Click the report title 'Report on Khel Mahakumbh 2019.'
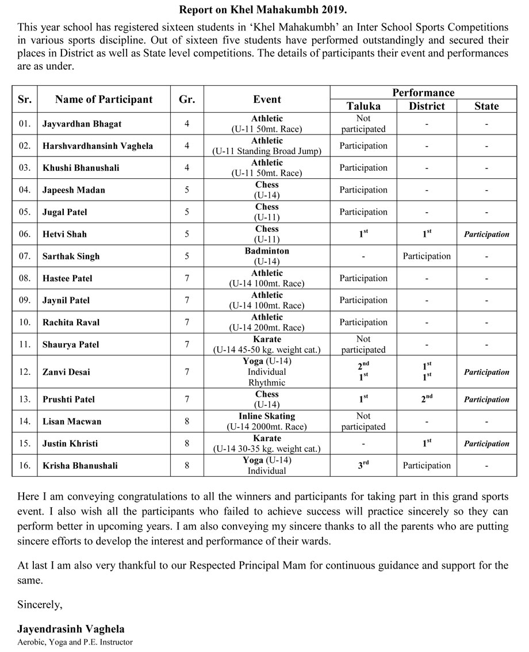click(263, 10)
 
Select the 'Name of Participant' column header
click(104, 99)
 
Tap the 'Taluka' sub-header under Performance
click(363, 106)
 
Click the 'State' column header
click(486, 106)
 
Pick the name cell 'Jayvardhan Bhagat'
click(82, 124)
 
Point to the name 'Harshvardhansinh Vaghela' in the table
click(98, 146)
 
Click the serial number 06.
click(24, 234)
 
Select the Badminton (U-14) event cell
click(267, 256)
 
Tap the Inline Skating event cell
click(267, 421)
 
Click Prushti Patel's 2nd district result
click(427, 398)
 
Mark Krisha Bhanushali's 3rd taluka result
click(363, 465)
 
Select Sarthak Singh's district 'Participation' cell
click(427, 256)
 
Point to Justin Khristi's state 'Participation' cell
click(486, 443)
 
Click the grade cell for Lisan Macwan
click(187, 421)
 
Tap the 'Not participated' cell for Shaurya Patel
click(363, 344)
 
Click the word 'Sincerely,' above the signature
click(40, 604)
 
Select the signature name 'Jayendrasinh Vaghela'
click(71, 629)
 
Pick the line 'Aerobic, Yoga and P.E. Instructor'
click(75, 642)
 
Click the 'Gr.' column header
click(187, 99)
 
